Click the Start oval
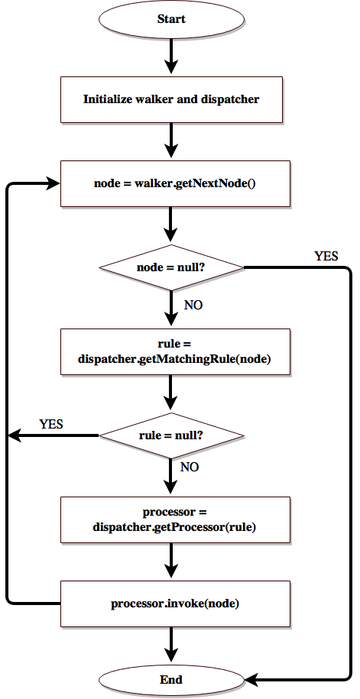point(172,19)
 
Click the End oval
point(172,679)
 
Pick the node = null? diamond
point(172,267)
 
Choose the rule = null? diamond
point(172,435)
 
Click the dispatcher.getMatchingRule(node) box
point(175,351)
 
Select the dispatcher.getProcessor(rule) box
point(175,519)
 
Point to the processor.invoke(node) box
point(175,604)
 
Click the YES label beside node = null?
point(326,256)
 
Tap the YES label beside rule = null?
point(51,423)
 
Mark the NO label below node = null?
point(194,305)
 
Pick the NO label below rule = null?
point(190,466)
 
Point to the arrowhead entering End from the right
point(252,679)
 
